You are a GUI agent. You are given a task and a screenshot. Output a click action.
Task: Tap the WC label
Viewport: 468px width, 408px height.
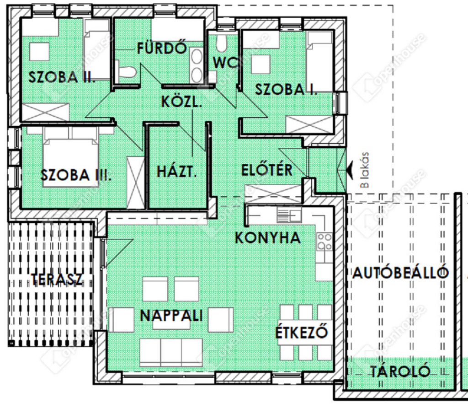tap(225, 63)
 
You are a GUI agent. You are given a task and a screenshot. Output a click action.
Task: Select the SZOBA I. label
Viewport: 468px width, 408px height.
tap(286, 90)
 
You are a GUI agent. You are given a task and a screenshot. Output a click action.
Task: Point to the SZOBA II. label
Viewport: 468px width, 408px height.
tap(62, 77)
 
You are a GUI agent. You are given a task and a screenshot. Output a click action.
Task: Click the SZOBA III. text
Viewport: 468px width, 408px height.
tap(76, 175)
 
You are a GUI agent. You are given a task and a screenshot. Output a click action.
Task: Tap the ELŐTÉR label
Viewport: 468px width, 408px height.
tap(267, 170)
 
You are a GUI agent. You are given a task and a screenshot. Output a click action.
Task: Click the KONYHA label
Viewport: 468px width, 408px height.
tap(268, 238)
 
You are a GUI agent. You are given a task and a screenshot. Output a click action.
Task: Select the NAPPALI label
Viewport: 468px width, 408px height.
tap(171, 316)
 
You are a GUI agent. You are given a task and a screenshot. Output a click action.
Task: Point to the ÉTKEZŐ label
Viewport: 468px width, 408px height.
tap(302, 332)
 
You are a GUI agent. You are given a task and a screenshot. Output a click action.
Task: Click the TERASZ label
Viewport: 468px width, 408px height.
tap(57, 279)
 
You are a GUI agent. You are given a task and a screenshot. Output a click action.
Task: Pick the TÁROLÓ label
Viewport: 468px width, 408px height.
tap(400, 371)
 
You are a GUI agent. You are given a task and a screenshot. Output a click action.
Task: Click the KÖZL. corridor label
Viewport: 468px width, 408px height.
tap(181, 102)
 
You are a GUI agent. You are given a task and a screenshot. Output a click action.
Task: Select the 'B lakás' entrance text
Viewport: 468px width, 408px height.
tap(364, 170)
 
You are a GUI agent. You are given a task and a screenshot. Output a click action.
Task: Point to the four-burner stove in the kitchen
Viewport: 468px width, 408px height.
tap(324, 242)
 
